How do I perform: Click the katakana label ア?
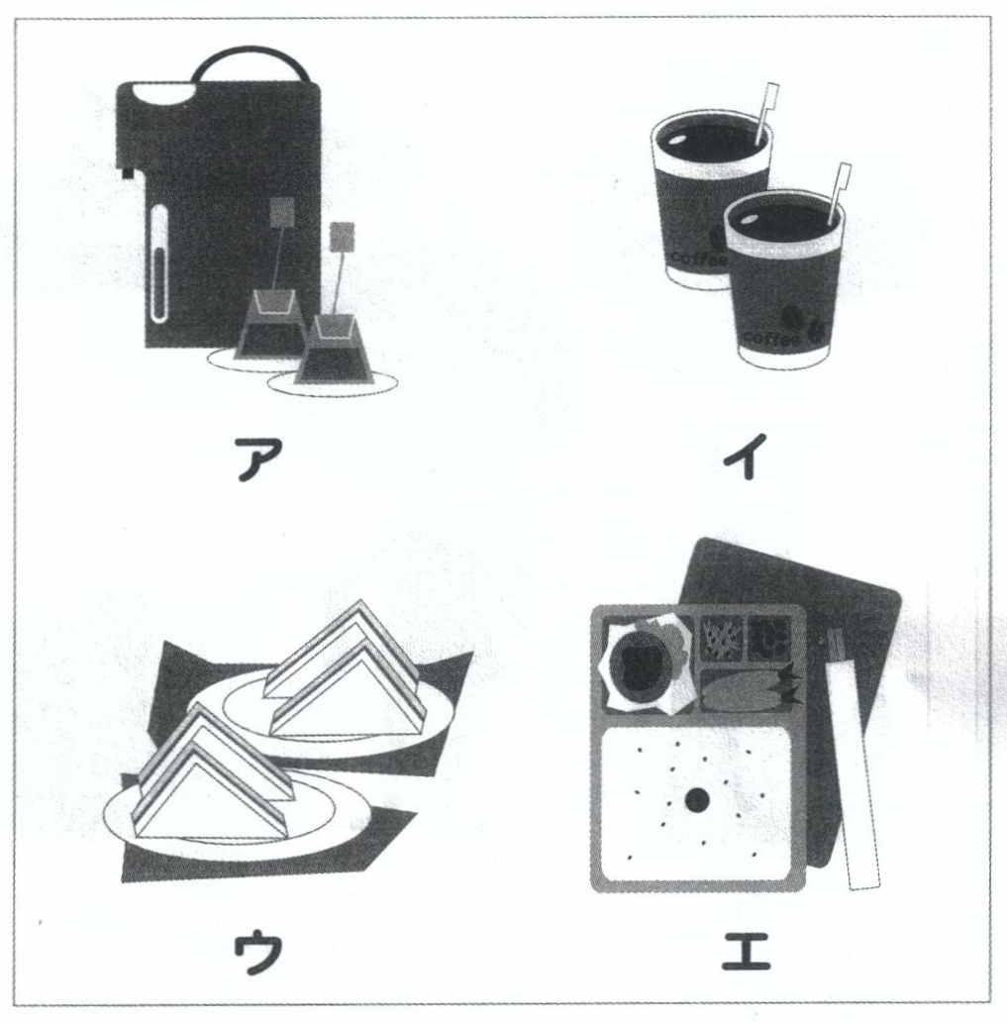pos(258,459)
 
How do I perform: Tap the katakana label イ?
pos(745,457)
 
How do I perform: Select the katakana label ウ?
pos(258,952)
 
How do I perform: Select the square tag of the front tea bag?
pos(343,236)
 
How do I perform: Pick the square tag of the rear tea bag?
pos(282,212)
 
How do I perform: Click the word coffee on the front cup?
pos(771,339)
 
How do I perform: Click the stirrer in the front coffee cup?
pos(838,193)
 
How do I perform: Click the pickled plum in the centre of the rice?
pos(696,800)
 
